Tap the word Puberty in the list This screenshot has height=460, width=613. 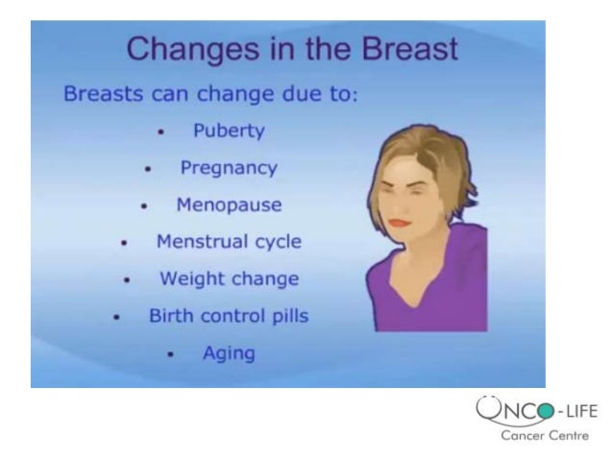pyautogui.click(x=229, y=130)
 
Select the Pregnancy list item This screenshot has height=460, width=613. pyautogui.click(x=229, y=168)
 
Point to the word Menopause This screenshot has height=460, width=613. pyautogui.click(x=229, y=205)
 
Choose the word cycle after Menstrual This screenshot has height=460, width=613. pyautogui.click(x=277, y=241)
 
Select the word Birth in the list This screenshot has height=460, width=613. pyautogui.click(x=171, y=315)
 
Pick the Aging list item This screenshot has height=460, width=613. pyautogui.click(x=229, y=352)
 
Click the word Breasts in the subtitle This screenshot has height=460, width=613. pyautogui.click(x=101, y=96)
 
